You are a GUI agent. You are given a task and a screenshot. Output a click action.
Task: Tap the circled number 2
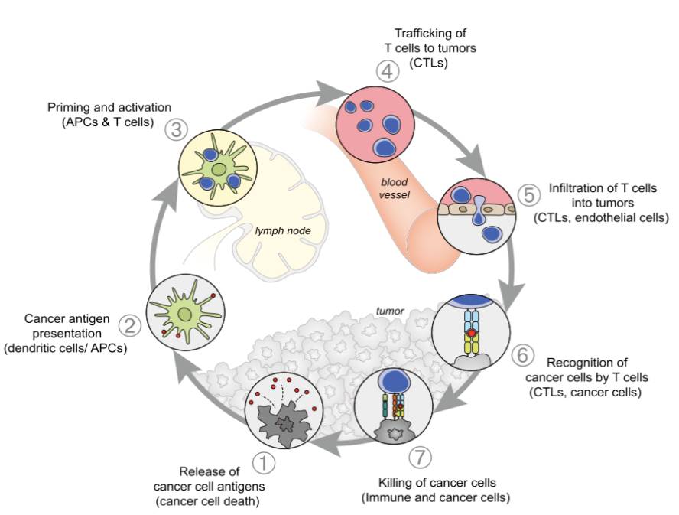[x=130, y=327]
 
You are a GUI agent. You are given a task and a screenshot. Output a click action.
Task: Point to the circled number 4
[x=388, y=73]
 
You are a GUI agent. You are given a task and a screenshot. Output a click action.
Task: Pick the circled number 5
[x=528, y=194]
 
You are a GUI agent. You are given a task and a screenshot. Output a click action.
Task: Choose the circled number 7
[x=420, y=458]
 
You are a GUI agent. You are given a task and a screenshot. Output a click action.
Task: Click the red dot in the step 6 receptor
[x=472, y=333]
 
